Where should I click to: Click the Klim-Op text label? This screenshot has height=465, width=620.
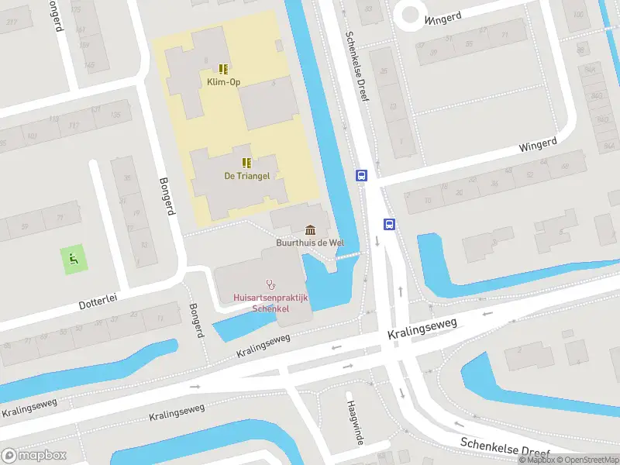point(222,81)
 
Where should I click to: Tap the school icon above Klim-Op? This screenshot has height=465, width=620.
point(222,69)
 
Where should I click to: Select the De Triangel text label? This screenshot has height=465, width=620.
point(246,176)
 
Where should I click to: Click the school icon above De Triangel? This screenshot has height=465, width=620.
point(246,163)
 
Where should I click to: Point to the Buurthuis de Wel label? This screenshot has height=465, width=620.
point(310,243)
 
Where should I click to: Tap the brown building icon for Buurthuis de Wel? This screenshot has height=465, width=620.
point(311,230)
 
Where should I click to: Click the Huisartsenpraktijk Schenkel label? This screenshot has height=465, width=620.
point(271,303)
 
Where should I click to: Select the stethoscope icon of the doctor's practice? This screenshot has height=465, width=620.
point(270,284)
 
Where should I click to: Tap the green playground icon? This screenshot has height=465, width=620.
point(74,259)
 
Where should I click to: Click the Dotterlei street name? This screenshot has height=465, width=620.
point(97,301)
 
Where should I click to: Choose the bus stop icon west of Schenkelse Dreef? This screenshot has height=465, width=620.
point(361,175)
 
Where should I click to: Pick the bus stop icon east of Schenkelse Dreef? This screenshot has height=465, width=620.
point(389,225)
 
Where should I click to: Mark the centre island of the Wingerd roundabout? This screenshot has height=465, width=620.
point(408,12)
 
